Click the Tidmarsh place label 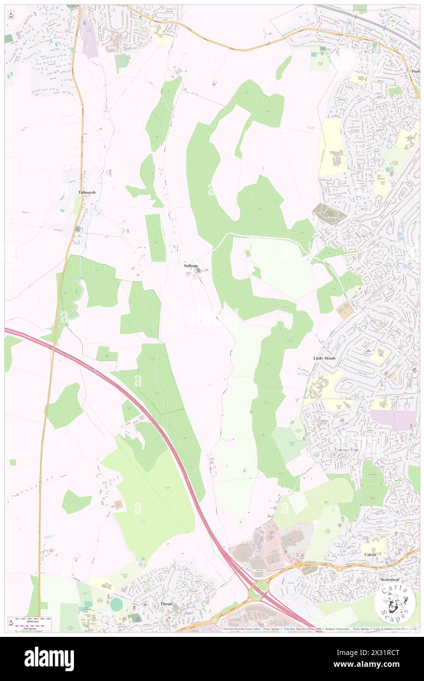coord(87,193)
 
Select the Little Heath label coord(325,358)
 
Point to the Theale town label coord(167,604)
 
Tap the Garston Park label coord(347,449)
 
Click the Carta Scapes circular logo coord(394,603)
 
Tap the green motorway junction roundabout coord(256,590)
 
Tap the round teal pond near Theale coord(116,605)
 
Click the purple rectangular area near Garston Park coord(393,420)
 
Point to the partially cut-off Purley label coord(416,71)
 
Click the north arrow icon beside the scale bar coord(11,623)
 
